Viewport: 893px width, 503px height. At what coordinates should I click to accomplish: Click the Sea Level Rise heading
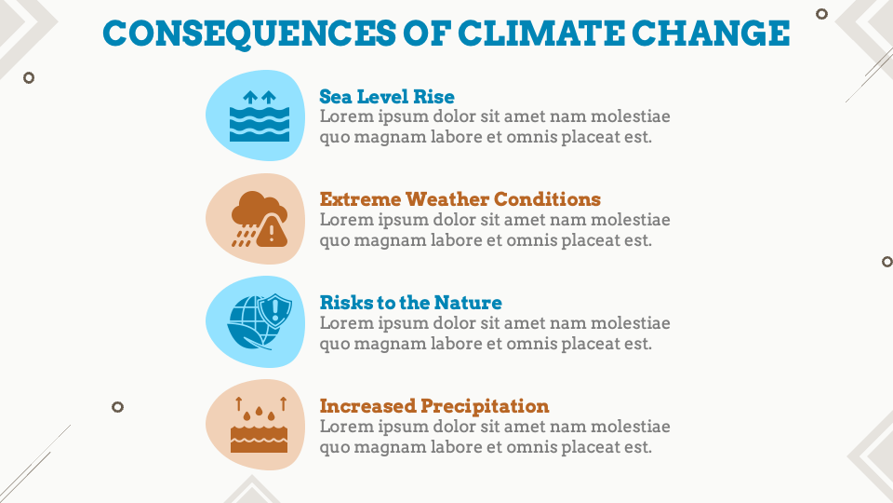point(387,97)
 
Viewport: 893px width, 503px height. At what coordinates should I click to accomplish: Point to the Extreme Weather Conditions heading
point(460,199)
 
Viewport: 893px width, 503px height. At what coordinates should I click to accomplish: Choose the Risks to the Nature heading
point(410,303)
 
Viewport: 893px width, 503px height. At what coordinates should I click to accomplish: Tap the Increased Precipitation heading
point(434,406)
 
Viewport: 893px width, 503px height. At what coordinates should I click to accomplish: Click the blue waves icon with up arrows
point(260,116)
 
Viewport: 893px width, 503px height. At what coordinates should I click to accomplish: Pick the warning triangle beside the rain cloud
point(273,230)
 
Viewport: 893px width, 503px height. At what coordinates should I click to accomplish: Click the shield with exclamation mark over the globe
point(275,310)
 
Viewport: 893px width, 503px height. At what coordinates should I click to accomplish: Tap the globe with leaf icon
point(249,324)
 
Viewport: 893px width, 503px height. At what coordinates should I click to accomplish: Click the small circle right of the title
point(821,14)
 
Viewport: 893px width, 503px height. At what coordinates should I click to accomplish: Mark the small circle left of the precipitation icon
point(117,407)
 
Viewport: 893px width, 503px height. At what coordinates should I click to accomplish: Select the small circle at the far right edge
point(886,262)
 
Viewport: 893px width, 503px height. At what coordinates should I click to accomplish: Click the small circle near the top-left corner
point(29,78)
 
